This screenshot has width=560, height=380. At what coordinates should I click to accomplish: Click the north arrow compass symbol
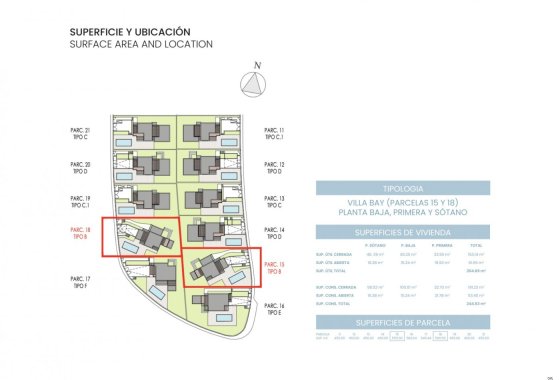257,86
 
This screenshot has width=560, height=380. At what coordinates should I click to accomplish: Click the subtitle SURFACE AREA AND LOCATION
141,45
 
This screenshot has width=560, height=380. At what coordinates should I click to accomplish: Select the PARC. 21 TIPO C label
80,135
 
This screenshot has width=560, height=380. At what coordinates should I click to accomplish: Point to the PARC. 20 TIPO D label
80,168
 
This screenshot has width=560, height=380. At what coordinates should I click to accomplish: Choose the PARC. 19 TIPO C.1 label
80,202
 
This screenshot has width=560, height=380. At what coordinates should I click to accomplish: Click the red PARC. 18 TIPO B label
80,234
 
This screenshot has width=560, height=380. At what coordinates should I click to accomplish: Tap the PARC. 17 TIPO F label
80,282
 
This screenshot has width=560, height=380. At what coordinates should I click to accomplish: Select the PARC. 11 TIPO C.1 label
275,135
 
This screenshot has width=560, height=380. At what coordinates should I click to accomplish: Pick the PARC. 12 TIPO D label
275,168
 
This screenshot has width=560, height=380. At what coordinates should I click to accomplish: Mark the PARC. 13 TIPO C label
275,202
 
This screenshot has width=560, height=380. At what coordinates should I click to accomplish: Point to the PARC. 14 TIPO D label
275,234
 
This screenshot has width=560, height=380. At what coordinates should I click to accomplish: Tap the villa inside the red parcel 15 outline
211,267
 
